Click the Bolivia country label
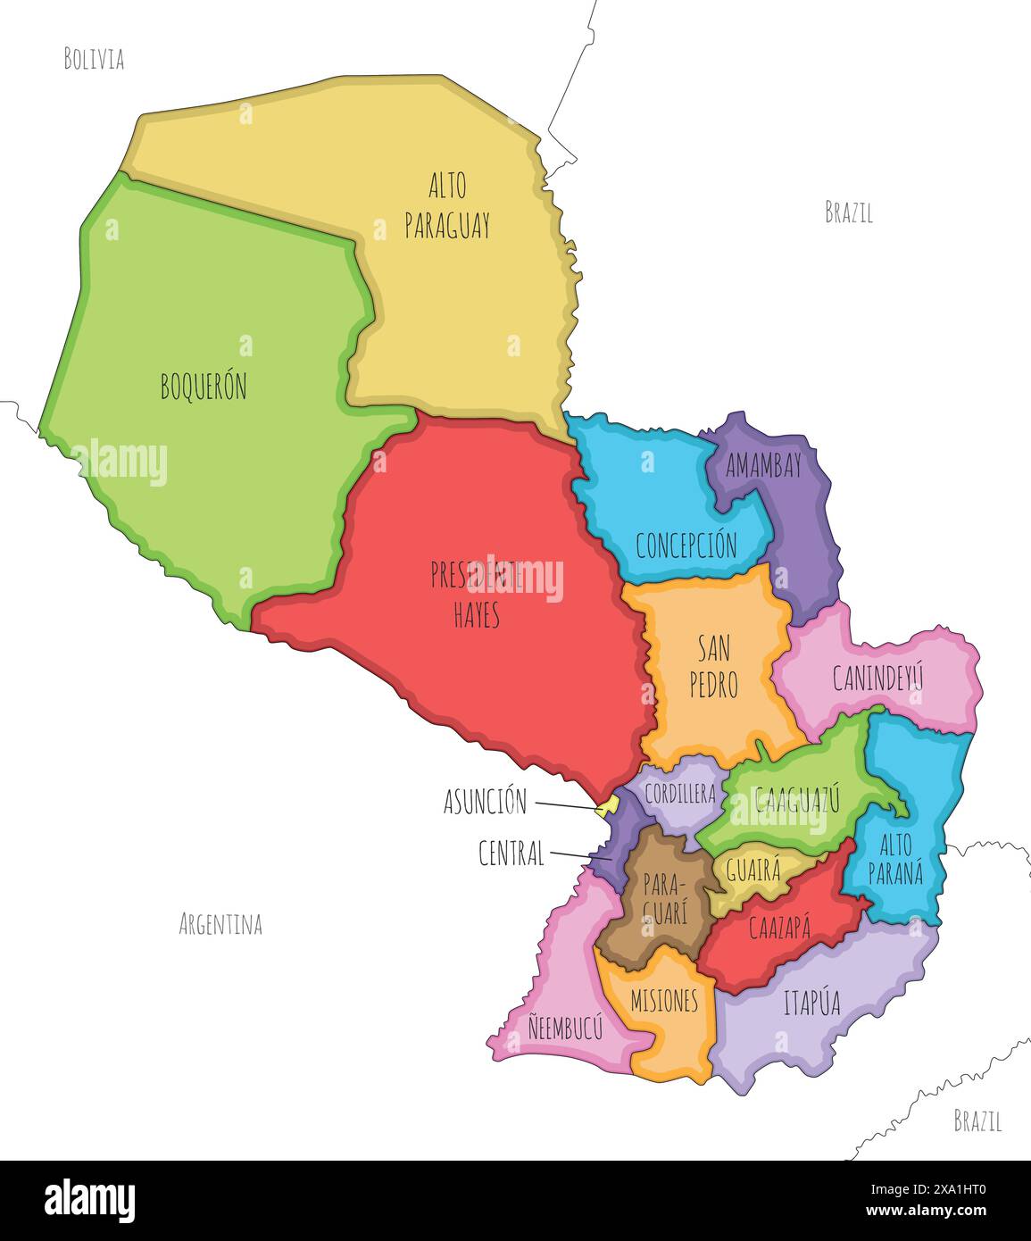94,60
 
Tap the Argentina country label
220,924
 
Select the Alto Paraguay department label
447,206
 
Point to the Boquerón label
204,387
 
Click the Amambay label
763,465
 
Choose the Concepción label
686,545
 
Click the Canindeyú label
877,679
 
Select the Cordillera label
680,794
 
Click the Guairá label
753,870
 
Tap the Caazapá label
779,929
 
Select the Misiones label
664,1001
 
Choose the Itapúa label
811,1004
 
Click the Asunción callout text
486,802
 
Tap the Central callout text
511,854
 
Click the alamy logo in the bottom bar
89,1200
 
